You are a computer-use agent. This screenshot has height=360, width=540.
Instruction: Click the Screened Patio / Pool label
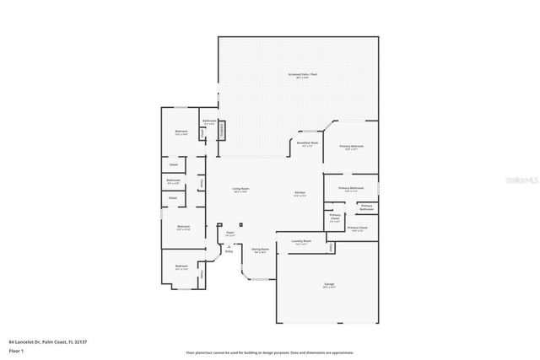[302, 75]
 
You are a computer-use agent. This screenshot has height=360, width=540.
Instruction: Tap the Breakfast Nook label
[307, 143]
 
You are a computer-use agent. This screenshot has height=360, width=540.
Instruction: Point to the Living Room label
[240, 190]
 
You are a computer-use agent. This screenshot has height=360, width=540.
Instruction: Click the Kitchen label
[300, 194]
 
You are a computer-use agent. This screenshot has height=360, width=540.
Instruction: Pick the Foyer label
[229, 234]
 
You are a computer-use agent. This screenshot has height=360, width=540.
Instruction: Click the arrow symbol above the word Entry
[228, 245]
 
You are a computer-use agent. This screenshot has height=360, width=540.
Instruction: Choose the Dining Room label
[260, 250]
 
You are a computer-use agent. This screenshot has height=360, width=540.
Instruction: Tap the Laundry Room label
[301, 242]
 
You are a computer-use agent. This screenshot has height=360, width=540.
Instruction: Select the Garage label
[328, 285]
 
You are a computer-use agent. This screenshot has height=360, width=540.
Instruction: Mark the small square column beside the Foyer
[241, 224]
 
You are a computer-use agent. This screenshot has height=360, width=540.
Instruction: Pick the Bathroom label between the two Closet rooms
[173, 180]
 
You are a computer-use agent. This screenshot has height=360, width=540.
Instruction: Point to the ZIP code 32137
[81, 342]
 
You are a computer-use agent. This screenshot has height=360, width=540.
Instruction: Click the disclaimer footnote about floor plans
[270, 352]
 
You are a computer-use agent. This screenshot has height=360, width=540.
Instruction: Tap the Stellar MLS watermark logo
[521, 180]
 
